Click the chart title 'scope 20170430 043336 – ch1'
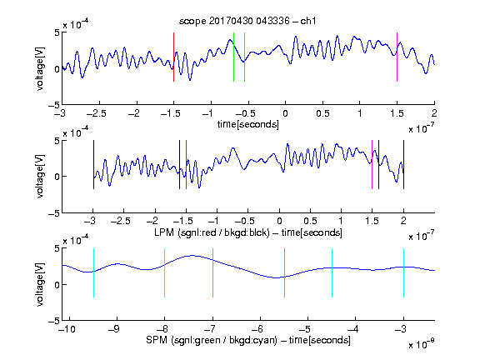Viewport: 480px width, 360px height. [247, 21]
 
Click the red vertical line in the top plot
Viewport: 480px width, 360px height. [173, 57]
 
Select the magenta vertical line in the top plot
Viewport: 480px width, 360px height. [397, 57]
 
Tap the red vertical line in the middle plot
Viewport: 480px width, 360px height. [186, 165]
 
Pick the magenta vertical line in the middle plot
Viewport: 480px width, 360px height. [372, 165]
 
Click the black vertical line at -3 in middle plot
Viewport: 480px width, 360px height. [93, 165]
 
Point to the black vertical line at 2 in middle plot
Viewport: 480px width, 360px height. [403, 165]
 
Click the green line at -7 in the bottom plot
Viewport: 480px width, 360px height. [212, 272]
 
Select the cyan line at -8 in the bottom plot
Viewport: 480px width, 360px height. [165, 272]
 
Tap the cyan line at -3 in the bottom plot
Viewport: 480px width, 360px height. [404, 272]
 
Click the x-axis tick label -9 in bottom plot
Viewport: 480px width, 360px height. [114, 329]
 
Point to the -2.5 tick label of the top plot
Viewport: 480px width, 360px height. [96, 113]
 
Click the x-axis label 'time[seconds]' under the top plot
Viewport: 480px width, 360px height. [248, 124]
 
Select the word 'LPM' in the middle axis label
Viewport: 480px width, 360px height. [164, 232]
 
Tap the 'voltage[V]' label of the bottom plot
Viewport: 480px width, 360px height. [40, 284]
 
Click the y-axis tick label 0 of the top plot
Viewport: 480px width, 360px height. [57, 69]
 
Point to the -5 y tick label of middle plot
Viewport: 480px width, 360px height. [54, 213]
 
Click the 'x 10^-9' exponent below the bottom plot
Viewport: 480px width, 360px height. [421, 343]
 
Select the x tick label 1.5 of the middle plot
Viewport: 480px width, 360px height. [372, 222]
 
